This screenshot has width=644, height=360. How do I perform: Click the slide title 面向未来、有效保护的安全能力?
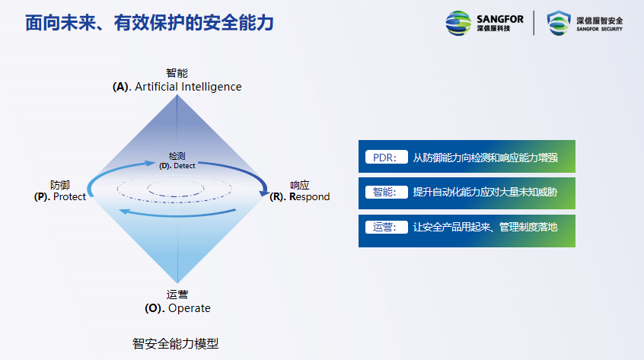(149, 23)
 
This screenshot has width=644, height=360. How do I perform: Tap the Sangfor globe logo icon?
(458, 23)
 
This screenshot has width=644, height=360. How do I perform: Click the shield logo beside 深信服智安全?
(559, 23)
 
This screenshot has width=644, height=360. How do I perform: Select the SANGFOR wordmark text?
(500, 19)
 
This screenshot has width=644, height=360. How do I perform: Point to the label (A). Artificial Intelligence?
(177, 87)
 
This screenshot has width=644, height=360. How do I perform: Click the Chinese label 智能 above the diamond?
(177, 73)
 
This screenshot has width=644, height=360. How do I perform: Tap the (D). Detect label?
(177, 166)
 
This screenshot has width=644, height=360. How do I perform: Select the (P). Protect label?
(60, 196)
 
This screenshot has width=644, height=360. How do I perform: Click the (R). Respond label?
(299, 196)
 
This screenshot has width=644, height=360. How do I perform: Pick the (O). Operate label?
(177, 308)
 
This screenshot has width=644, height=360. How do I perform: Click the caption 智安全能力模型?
(175, 343)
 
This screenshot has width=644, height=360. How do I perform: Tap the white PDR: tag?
(387, 158)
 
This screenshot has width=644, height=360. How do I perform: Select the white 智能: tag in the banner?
(387, 192)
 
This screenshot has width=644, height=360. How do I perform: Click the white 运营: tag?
(387, 227)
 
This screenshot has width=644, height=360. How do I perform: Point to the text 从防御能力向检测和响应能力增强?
(485, 158)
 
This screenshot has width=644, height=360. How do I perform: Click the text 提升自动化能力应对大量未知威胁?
(485, 192)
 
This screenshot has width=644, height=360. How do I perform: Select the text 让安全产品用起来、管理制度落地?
(485, 228)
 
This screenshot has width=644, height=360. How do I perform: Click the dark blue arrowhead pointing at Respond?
(263, 192)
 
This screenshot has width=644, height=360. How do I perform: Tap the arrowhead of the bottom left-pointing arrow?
(124, 212)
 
